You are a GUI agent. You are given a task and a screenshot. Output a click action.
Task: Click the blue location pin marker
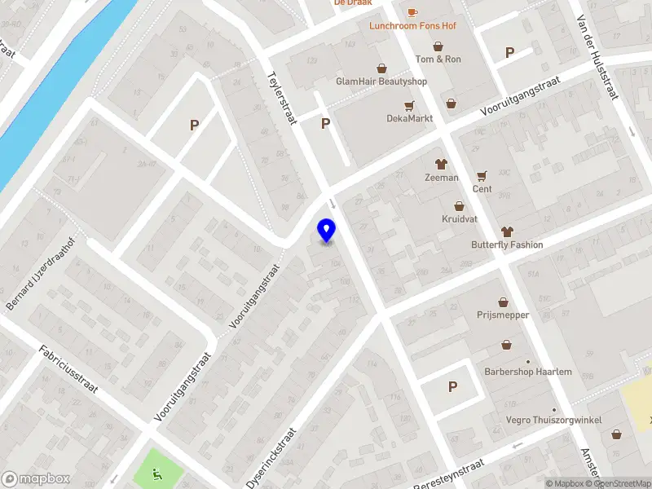[327, 231]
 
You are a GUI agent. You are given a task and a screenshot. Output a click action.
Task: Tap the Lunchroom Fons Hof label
[412, 26]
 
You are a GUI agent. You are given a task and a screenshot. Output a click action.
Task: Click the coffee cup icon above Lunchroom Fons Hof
[412, 11]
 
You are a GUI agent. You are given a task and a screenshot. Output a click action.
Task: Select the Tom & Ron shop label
[438, 59]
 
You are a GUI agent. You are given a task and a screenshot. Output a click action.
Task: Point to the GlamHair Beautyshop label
[381, 81]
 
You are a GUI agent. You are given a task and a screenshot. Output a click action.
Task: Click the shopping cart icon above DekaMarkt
[409, 105]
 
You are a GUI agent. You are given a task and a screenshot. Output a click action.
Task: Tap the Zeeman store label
[442, 178]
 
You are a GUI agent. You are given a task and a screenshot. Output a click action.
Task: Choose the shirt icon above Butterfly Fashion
[507, 231]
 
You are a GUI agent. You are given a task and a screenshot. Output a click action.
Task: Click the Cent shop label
[482, 189]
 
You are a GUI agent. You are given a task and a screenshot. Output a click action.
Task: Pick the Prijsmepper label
[503, 315]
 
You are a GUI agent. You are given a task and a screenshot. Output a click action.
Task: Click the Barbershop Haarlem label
[528, 372]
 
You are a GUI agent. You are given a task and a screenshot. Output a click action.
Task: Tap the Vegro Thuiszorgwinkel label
[554, 420]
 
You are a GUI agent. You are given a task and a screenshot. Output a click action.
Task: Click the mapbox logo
[35, 479]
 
